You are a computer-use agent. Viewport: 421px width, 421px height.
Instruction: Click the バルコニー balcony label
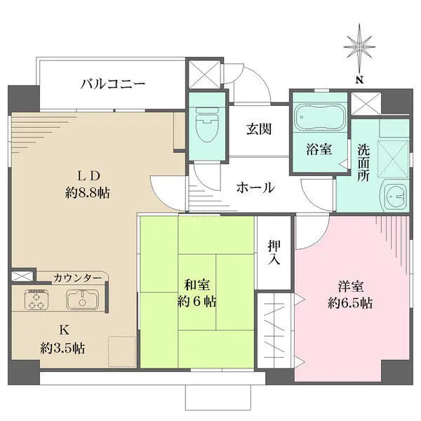[112, 84]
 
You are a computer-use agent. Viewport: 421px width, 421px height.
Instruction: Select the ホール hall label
[255, 188]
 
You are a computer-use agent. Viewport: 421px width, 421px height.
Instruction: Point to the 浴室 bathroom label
[318, 149]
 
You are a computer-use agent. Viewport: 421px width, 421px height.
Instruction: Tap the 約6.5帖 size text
[349, 304]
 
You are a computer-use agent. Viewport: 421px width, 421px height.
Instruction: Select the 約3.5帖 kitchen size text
[62, 347]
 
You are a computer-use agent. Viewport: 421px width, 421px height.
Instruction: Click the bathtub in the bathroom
[317, 116]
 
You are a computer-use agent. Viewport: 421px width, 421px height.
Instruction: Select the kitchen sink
[83, 300]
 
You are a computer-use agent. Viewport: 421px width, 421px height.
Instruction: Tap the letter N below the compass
[359, 80]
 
